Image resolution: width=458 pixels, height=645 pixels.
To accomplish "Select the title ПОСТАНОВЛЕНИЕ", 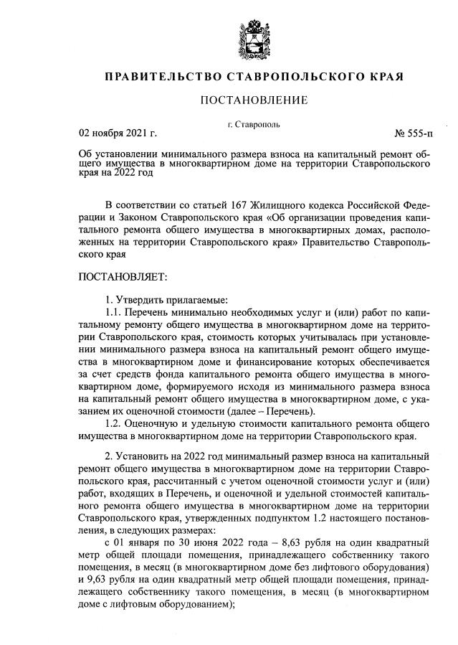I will [253, 100].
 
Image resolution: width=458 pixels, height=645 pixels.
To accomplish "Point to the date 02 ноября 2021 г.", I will [117, 133].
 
